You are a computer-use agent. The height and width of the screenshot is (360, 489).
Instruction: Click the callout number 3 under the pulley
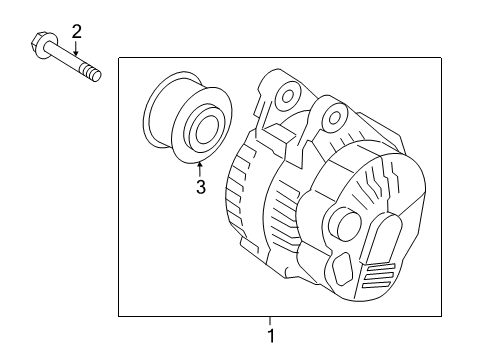click(200, 187)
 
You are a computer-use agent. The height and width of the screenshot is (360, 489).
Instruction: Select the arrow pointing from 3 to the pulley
click(200, 169)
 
